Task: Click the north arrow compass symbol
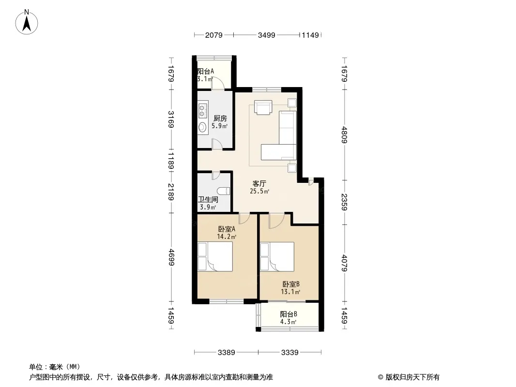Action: pos(27,22)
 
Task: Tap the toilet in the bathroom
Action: pos(224,191)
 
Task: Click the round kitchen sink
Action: pos(202,127)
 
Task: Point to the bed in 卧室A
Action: pos(215,257)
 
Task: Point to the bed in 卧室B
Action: pos(277,257)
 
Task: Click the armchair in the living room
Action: pos(264,108)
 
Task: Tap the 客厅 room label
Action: pos(259,183)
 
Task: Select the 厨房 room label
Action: pos(220,119)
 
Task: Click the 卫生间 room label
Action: pos(208,200)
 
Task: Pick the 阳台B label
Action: pos(288,314)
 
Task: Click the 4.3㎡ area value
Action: pos(288,322)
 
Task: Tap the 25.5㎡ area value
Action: pos(259,192)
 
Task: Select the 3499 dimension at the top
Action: pos(267,35)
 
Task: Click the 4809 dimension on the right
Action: pos(344,134)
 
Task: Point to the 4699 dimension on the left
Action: pos(171,257)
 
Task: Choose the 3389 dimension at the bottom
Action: pos(227,353)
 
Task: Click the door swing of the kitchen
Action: pos(216,144)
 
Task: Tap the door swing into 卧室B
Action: pos(276,221)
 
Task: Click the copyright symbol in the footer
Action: pos(380,377)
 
